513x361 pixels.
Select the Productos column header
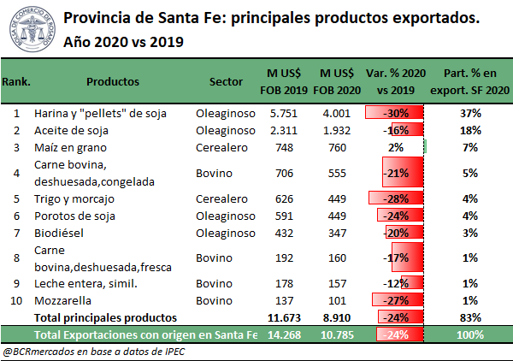tap(115, 82)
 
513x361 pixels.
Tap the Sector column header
tap(227, 82)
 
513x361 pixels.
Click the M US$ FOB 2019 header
tap(283, 82)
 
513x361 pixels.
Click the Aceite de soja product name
tap(71, 130)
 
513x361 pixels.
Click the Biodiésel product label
tap(59, 233)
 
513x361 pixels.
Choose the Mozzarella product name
tap(62, 301)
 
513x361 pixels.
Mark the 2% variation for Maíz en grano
tap(394, 147)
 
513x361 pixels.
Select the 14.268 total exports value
tap(282, 334)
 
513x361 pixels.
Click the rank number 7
tap(16, 233)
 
